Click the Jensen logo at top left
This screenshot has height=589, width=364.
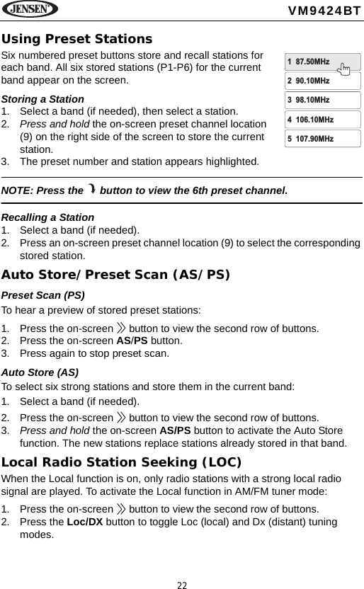click(30, 9)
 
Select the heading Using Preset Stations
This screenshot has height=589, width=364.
click(76, 38)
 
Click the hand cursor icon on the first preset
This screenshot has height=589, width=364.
click(344, 68)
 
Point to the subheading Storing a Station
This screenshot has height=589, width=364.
click(43, 99)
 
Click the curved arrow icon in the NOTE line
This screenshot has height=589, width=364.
click(92, 189)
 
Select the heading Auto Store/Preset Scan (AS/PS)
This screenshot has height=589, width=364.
click(115, 274)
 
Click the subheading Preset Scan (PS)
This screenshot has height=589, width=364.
click(44, 294)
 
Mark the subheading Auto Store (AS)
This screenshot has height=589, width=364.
click(40, 371)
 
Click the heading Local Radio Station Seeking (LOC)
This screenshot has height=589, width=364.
click(122, 463)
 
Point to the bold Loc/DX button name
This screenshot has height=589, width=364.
click(85, 522)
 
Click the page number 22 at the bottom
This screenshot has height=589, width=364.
click(182, 584)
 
